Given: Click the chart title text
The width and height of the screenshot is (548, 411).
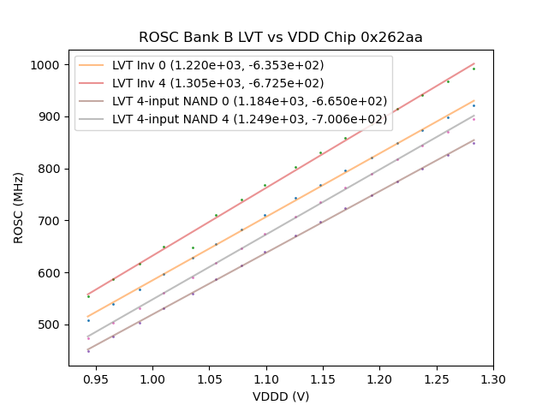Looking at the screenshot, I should pos(281,38).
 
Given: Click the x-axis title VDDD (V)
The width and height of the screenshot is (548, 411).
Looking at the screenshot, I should pos(281,396).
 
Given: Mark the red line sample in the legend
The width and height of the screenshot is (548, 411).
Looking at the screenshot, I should pos(92,83).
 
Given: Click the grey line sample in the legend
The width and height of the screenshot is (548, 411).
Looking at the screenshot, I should pos(92,119).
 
